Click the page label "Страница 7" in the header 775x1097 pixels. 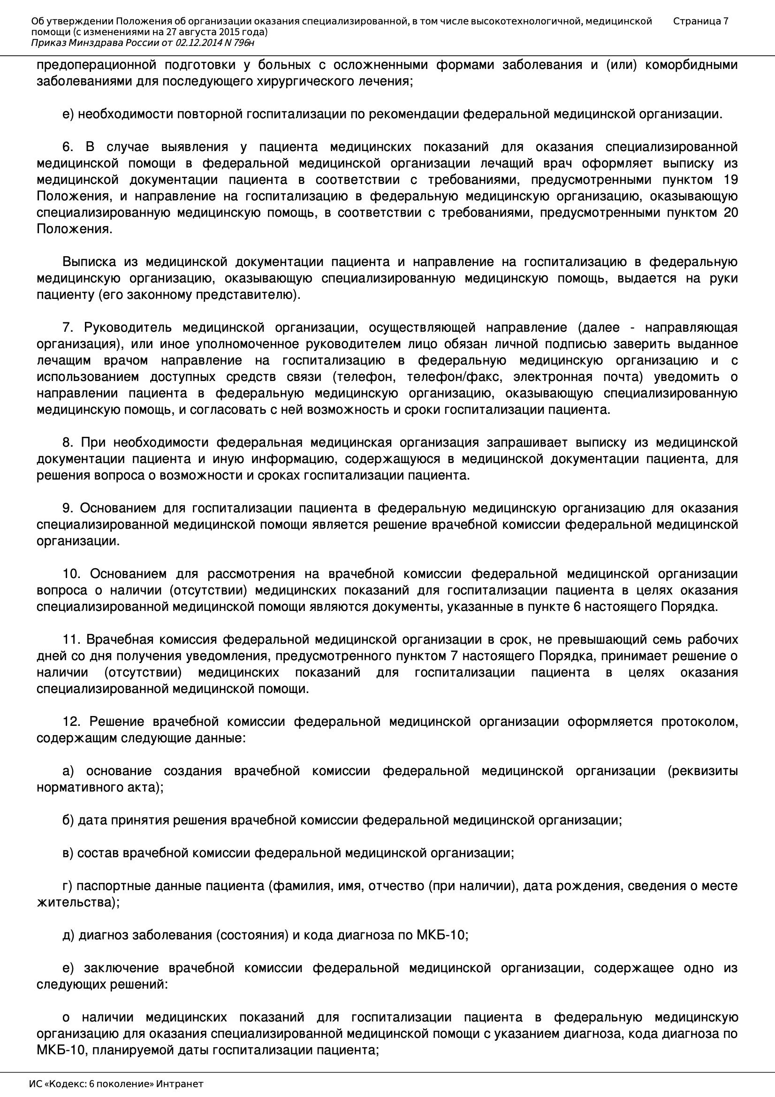[x=700, y=21]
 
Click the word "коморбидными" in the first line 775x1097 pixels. [x=691, y=65]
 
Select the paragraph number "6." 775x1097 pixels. [x=69, y=147]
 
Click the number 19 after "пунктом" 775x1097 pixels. [x=730, y=180]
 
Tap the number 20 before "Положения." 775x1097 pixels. [x=730, y=213]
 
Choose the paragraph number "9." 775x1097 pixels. [x=69, y=508]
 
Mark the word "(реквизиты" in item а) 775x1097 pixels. [x=702, y=771]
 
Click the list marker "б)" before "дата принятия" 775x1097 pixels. [x=68, y=820]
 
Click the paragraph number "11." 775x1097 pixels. [x=72, y=639]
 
